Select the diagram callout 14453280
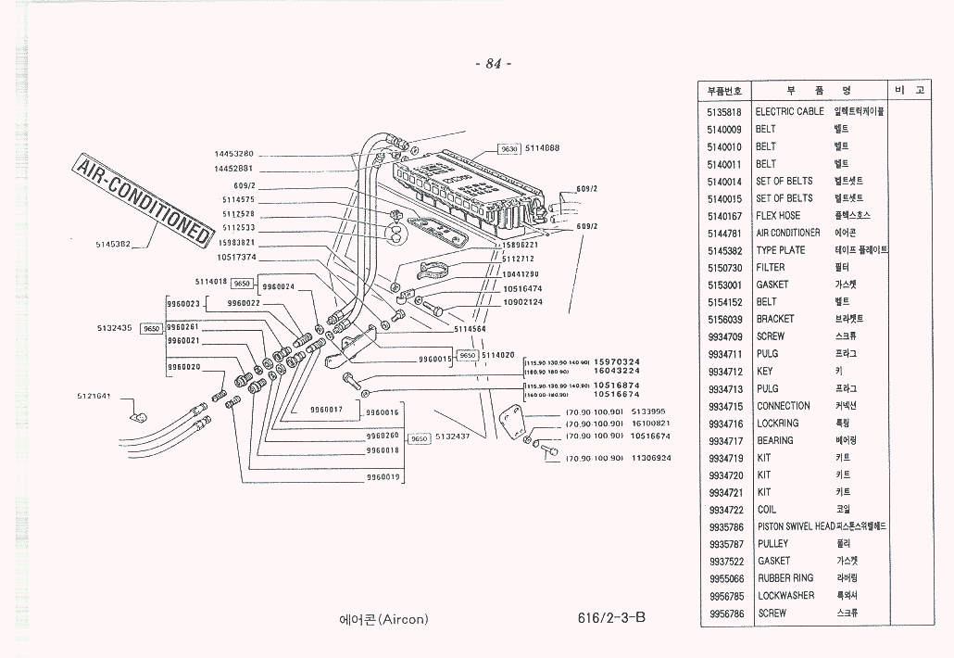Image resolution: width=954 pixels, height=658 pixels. coord(233,154)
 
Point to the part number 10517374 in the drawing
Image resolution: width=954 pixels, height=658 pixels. coord(235,257)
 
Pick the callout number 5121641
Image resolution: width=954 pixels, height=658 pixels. coord(94,396)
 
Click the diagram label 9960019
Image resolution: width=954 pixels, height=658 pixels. coord(383,477)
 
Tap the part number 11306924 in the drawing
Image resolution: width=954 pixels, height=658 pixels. coord(650,458)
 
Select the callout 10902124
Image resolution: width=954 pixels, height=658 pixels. coord(522,302)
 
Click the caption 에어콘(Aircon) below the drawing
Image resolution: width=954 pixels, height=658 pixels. coord(383,620)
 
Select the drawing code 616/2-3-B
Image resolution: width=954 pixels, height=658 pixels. coord(610,617)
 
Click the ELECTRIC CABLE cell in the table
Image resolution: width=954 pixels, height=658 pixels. coord(789,111)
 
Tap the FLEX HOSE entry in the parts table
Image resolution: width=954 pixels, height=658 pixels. coord(778,215)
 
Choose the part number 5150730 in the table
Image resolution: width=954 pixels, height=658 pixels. coord(725,268)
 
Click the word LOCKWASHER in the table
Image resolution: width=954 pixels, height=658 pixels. coord(785,596)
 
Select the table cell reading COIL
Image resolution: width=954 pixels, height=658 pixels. coord(767,510)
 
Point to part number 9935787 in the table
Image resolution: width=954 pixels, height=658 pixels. coord(725,544)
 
